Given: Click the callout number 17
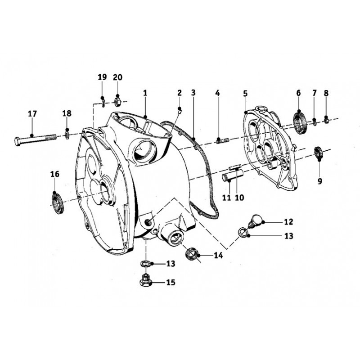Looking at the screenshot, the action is pos(32,114).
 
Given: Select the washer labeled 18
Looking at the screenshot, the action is pos(67,135).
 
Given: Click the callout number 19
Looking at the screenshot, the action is pos(103,77).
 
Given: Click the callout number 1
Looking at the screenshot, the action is pos(145,93).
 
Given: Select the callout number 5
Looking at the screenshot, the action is pos(245,94).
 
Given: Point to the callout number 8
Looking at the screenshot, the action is pos(326,93).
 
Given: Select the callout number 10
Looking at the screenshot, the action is pos(239,198).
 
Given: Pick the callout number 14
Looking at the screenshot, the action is pos(218,255).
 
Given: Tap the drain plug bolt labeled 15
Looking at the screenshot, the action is pos(145,280).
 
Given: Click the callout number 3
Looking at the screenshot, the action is pos(193,93).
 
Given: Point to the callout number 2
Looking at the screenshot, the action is pos(180,93).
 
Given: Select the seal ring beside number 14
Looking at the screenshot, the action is pos(191,254).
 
